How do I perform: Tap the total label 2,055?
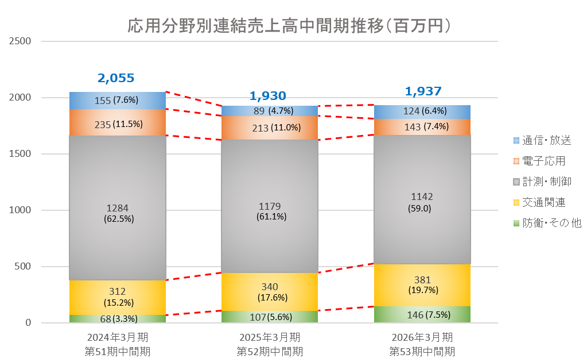[116, 79]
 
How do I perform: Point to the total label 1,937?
[423, 91]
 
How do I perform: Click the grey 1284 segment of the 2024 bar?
[117, 208]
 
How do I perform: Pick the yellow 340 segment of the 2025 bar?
[269, 291]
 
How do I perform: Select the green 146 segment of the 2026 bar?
[422, 314]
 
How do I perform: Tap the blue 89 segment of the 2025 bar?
[269, 111]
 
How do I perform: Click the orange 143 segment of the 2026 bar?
[422, 127]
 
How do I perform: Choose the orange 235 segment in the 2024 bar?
[117, 123]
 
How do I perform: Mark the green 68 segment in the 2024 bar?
[117, 318]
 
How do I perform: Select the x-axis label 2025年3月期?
[270, 337]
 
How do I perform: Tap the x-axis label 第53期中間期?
[422, 351]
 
